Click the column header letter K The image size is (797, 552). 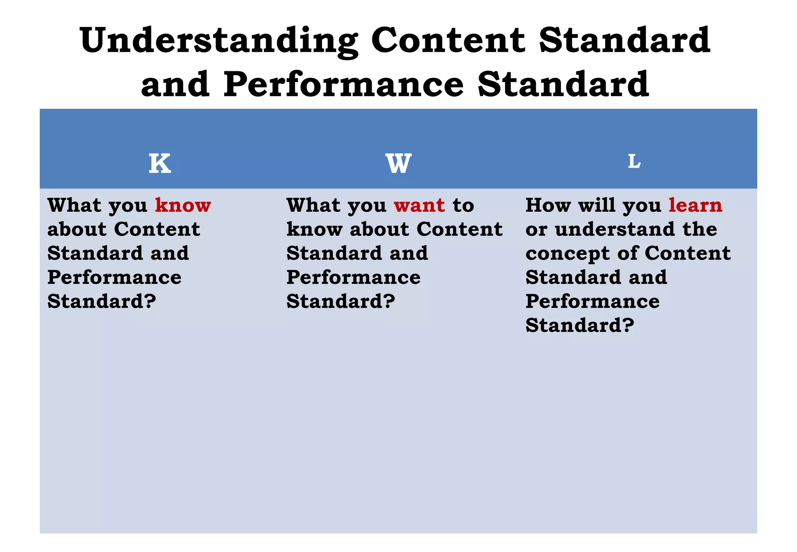coord(160,163)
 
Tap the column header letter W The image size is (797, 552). coord(398,163)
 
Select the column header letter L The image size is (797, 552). coord(634,161)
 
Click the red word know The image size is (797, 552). coord(183,205)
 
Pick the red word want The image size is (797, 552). coord(419,205)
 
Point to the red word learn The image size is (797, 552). coord(695,205)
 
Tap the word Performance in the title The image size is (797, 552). coord(344,85)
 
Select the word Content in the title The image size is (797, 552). coord(448,40)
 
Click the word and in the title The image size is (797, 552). coord(175,85)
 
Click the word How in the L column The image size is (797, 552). coord(548,205)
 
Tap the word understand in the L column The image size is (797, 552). coord(615,229)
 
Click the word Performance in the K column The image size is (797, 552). coord(114,278)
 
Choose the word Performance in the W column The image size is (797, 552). coord(353,278)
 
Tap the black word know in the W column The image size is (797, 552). coord(314,229)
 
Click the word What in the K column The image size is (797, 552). coord(74,205)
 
